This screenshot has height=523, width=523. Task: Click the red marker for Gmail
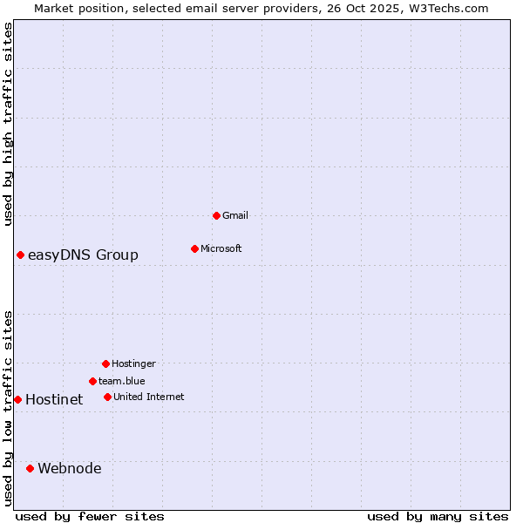click(x=216, y=215)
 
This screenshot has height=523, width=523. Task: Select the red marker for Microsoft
click(x=194, y=248)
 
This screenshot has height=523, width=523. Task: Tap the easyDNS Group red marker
click(x=20, y=255)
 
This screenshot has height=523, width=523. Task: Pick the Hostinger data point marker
click(x=105, y=363)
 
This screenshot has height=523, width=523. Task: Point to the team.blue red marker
click(x=92, y=381)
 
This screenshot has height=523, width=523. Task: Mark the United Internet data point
click(x=107, y=397)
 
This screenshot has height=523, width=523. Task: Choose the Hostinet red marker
click(x=17, y=399)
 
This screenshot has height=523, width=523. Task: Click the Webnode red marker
click(x=30, y=468)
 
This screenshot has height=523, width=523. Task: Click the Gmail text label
click(x=235, y=215)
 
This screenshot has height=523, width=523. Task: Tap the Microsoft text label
click(x=221, y=248)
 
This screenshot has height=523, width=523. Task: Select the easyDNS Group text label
click(x=83, y=255)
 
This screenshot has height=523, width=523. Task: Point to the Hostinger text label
click(x=133, y=363)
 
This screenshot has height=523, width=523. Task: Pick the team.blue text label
click(x=122, y=381)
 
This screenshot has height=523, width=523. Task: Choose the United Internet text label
click(x=149, y=397)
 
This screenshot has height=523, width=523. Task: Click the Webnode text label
click(x=70, y=468)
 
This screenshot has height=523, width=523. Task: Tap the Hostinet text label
click(x=54, y=399)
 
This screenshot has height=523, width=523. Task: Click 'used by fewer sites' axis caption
click(x=90, y=516)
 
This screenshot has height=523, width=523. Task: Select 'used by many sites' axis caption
click(x=438, y=516)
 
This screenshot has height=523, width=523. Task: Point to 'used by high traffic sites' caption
click(x=8, y=124)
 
